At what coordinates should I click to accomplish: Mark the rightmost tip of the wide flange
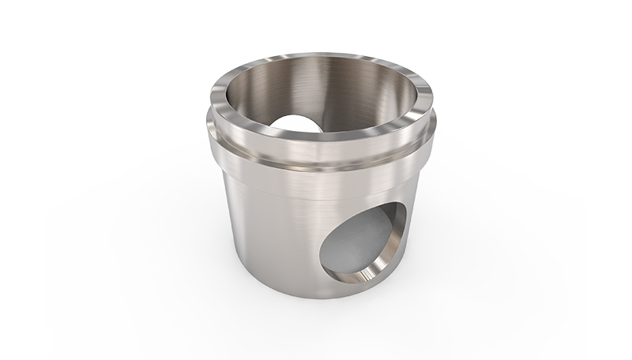[439, 126]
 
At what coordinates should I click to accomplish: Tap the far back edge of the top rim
[324, 54]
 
